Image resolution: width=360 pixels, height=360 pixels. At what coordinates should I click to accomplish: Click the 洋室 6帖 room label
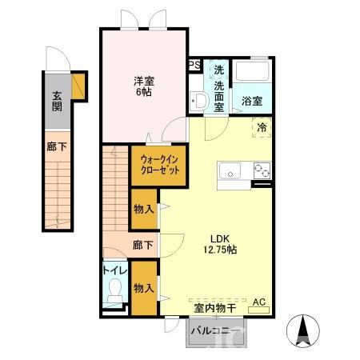(x=143, y=86)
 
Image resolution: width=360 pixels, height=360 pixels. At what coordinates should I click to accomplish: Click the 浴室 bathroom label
(x=252, y=102)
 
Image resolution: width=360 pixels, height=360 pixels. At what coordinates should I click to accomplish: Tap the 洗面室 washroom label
(x=218, y=86)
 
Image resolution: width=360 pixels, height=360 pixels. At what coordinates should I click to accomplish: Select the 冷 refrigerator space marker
(x=262, y=126)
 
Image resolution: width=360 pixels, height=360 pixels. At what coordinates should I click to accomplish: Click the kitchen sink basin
(x=230, y=169)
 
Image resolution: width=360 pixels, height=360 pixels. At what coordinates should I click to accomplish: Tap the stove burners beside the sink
(x=261, y=169)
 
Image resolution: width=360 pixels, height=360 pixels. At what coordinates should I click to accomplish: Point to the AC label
(x=258, y=302)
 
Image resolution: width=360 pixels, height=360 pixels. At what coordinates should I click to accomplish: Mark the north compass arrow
(x=306, y=328)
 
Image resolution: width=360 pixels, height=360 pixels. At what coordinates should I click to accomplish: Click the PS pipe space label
(x=194, y=66)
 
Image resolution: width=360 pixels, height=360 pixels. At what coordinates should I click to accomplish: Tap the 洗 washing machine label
(x=218, y=69)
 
